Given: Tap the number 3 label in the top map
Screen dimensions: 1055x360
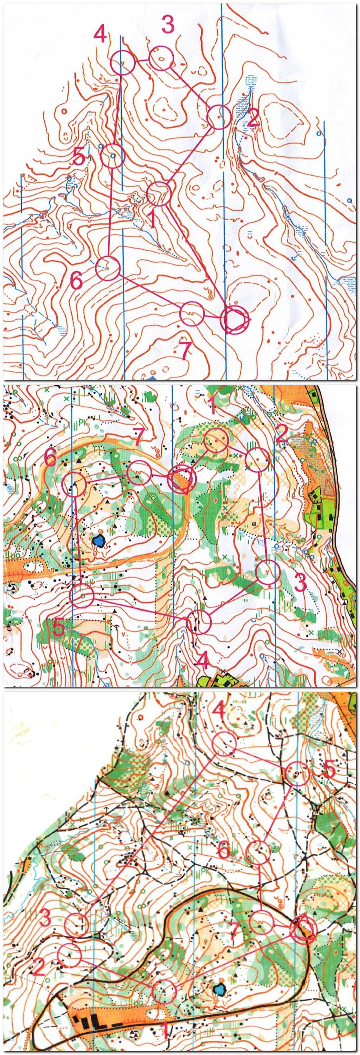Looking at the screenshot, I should coord(167,25).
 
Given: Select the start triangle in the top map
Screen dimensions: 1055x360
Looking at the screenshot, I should coord(235,320).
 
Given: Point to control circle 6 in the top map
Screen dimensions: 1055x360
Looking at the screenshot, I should coord(107,268).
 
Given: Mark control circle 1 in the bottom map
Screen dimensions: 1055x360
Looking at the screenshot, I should coord(164,977).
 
